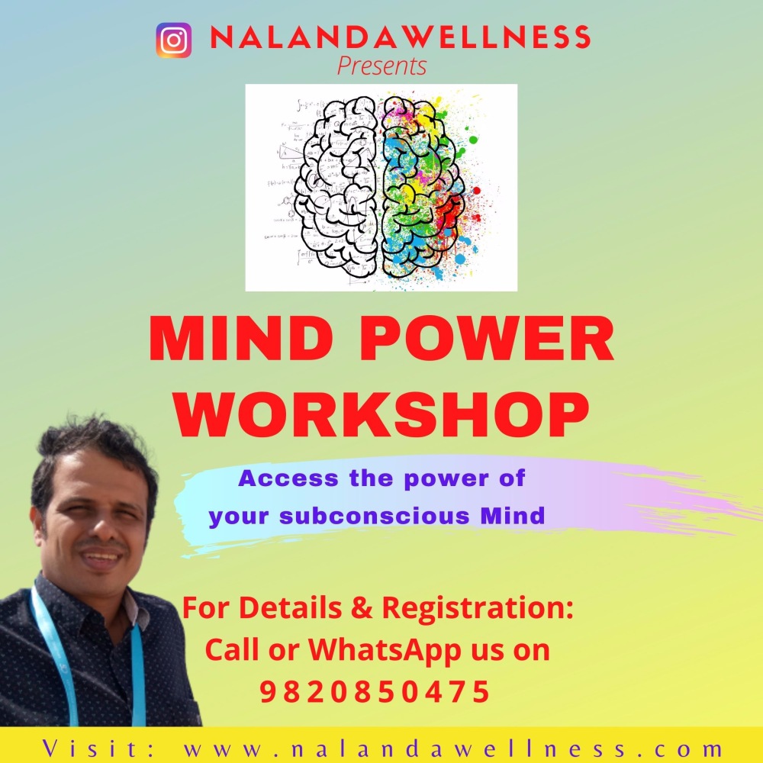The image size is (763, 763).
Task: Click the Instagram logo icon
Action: [x=174, y=40]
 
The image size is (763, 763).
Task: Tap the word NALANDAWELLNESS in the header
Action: [x=401, y=37]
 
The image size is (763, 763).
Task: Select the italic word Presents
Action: [x=382, y=66]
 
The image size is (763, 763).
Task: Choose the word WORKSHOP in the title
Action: [x=381, y=415]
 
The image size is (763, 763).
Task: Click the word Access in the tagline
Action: [x=288, y=478]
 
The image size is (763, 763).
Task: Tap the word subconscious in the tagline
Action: [x=375, y=516]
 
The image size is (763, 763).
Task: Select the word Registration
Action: [x=478, y=608]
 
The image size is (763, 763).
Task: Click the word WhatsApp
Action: [x=385, y=649]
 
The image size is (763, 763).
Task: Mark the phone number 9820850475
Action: [x=374, y=692]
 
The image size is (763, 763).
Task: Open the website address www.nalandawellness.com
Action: [x=452, y=749]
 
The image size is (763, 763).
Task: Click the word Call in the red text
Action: [x=233, y=649]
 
